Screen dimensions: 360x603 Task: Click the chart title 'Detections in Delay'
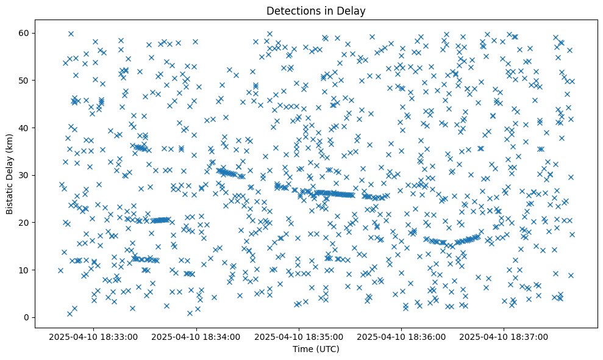316,10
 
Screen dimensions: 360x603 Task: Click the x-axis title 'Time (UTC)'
316,350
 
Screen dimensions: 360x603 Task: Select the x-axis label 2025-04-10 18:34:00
197,336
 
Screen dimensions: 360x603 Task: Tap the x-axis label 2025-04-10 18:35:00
299,336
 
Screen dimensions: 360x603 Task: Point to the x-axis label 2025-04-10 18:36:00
402,336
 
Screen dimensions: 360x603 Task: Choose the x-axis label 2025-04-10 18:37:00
504,336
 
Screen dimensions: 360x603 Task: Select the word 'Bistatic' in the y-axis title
10,198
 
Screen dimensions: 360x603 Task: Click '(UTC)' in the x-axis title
327,350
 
